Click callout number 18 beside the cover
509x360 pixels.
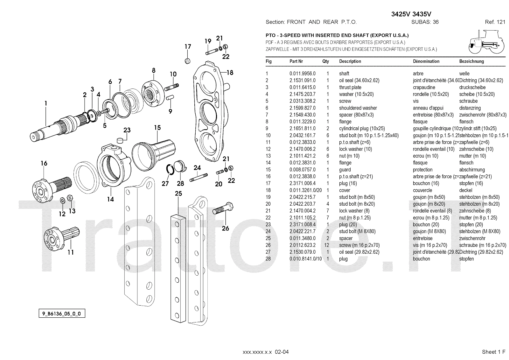(x=230, y=73)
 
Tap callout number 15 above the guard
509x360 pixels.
(x=157, y=128)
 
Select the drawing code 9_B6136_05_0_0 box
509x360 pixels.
(x=62, y=314)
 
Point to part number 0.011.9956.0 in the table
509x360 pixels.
(x=302, y=74)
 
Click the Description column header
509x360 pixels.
(x=350, y=61)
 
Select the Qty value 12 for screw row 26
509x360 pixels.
(x=326, y=245)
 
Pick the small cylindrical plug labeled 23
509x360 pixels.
(x=120, y=140)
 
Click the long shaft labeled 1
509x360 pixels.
(x=54, y=127)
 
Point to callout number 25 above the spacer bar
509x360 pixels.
(x=178, y=194)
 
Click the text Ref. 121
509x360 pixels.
(x=495, y=22)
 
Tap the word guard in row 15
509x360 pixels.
(x=345, y=170)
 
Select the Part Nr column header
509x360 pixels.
(x=296, y=61)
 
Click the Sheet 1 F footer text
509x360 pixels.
(x=493, y=352)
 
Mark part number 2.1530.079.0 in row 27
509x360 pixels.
(x=302, y=252)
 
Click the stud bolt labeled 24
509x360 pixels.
(x=199, y=177)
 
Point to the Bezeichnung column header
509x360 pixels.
(x=471, y=61)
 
